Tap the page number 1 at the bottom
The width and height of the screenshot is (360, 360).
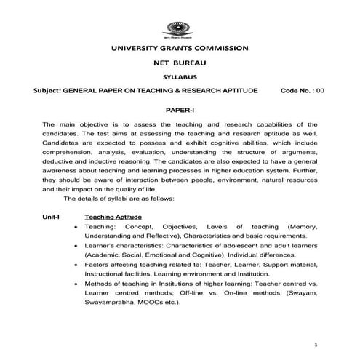click(315, 344)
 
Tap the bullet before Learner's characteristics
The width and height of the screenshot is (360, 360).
click(76, 246)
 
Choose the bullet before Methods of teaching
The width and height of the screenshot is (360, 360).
click(76, 283)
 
